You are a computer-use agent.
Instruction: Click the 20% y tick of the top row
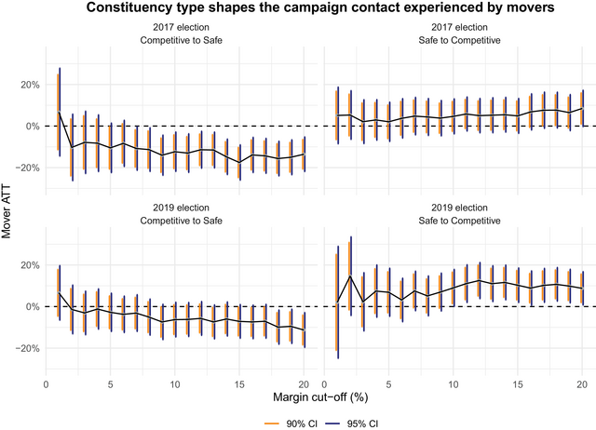27,85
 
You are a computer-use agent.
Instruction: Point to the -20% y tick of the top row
25,168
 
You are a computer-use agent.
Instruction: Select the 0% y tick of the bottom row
31,306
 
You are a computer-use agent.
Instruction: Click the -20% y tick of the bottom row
25,348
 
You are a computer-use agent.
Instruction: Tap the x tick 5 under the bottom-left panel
111,383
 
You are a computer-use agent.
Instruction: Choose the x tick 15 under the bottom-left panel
239,383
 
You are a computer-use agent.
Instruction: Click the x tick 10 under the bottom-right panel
453,383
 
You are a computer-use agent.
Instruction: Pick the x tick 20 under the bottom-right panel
581,383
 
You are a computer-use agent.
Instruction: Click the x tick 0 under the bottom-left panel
47,383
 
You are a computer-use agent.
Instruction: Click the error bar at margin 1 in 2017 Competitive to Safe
60,112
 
